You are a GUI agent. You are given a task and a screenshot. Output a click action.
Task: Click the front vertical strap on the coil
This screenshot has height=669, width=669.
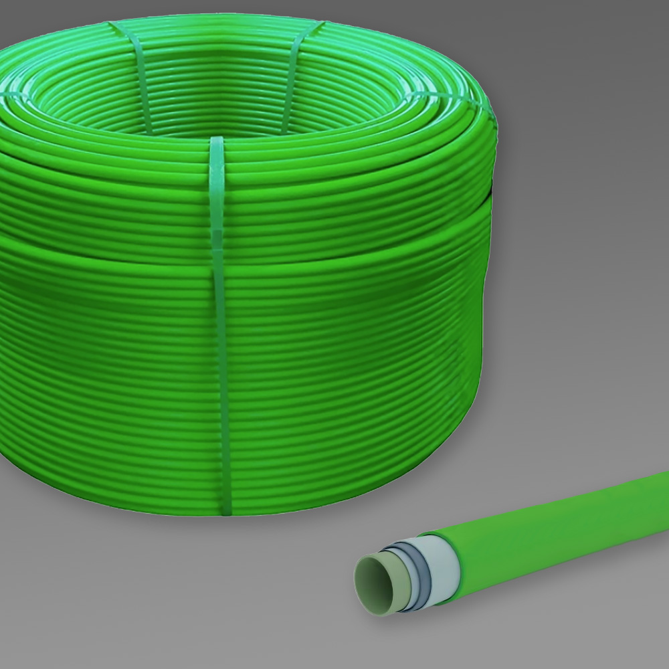219,321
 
